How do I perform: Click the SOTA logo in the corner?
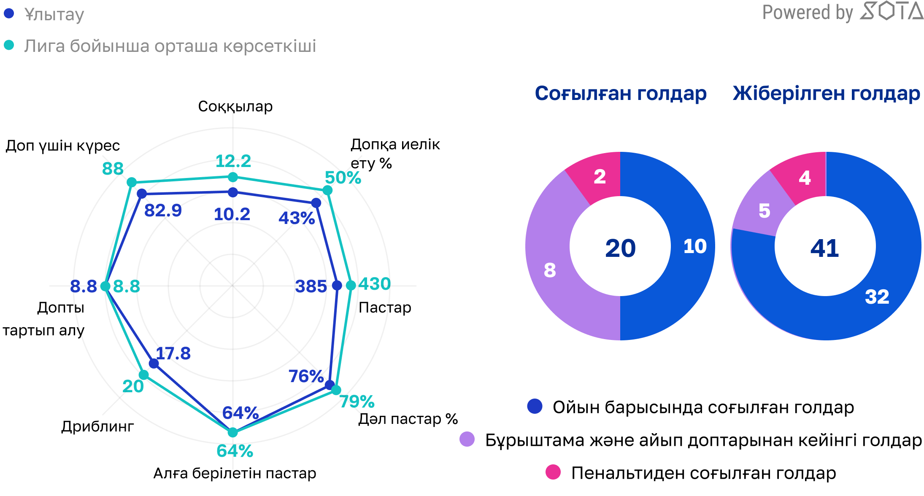click(x=891, y=11)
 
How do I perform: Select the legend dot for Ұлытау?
click(x=9, y=13)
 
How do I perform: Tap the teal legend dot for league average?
click(x=9, y=45)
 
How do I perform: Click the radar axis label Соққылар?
click(x=235, y=106)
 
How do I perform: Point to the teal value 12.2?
click(x=233, y=161)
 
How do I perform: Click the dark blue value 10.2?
click(x=232, y=214)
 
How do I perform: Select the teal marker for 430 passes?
click(x=351, y=286)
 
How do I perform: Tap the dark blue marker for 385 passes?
click(x=337, y=286)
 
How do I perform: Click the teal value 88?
click(x=113, y=169)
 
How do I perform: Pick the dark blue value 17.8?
click(x=173, y=353)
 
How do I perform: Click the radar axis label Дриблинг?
click(x=97, y=426)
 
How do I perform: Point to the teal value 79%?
click(x=357, y=401)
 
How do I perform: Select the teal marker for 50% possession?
click(x=327, y=191)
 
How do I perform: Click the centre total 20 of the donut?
click(x=620, y=248)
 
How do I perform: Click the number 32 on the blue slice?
click(x=877, y=297)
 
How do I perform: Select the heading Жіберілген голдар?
click(x=826, y=93)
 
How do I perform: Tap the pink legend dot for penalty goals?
click(x=553, y=472)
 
